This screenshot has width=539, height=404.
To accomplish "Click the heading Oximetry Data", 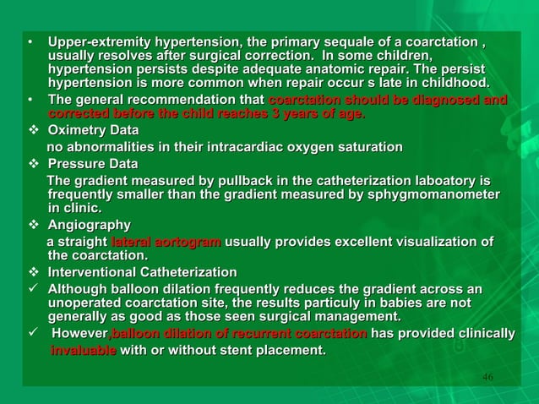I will pos(94,132).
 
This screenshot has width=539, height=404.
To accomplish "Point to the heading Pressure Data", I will pos(93,163).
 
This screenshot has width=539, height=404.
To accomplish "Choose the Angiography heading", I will pos(90,225).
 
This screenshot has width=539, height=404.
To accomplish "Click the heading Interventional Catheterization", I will pos(143,272).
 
